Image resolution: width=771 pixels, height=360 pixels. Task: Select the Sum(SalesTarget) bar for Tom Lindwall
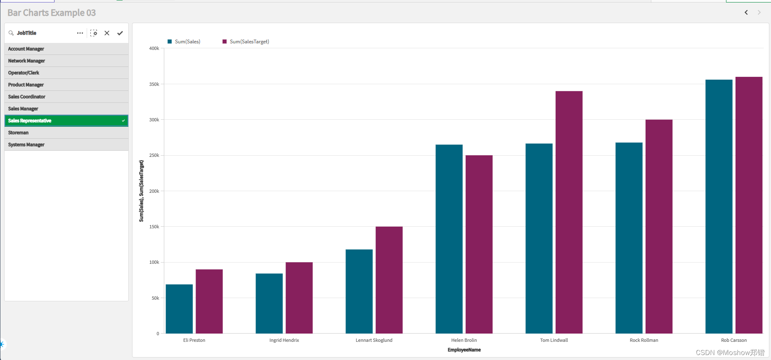point(569,212)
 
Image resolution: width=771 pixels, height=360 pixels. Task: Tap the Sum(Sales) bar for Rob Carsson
point(719,206)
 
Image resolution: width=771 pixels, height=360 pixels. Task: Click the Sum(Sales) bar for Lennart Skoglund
point(359,291)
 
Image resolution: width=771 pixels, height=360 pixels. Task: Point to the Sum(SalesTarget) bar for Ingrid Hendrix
point(299,298)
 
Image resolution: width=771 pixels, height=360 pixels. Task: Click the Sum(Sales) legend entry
point(184,42)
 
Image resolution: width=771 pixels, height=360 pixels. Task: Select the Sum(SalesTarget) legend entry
point(246,42)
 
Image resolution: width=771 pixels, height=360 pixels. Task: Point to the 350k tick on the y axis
point(154,84)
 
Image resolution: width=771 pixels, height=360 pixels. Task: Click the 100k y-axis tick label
point(154,263)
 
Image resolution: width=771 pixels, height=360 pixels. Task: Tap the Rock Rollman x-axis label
point(644,340)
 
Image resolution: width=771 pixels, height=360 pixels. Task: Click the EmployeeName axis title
point(464,350)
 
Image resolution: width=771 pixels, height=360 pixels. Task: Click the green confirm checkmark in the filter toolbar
point(120,33)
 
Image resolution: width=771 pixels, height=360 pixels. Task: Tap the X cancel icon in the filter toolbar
point(107,33)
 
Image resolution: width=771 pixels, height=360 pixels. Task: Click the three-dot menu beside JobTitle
point(80,33)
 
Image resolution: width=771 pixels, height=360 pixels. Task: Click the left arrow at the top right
point(746,12)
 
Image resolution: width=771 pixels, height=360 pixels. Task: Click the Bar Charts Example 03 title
point(52,13)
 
